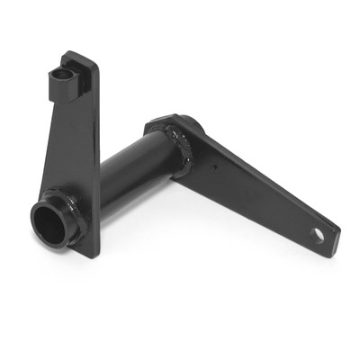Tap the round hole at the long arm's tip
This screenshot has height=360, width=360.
coord(317,235)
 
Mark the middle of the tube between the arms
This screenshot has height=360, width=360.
coord(135,171)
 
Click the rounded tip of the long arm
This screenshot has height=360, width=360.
coord(333,238)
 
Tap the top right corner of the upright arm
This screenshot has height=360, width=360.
coord(97,65)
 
